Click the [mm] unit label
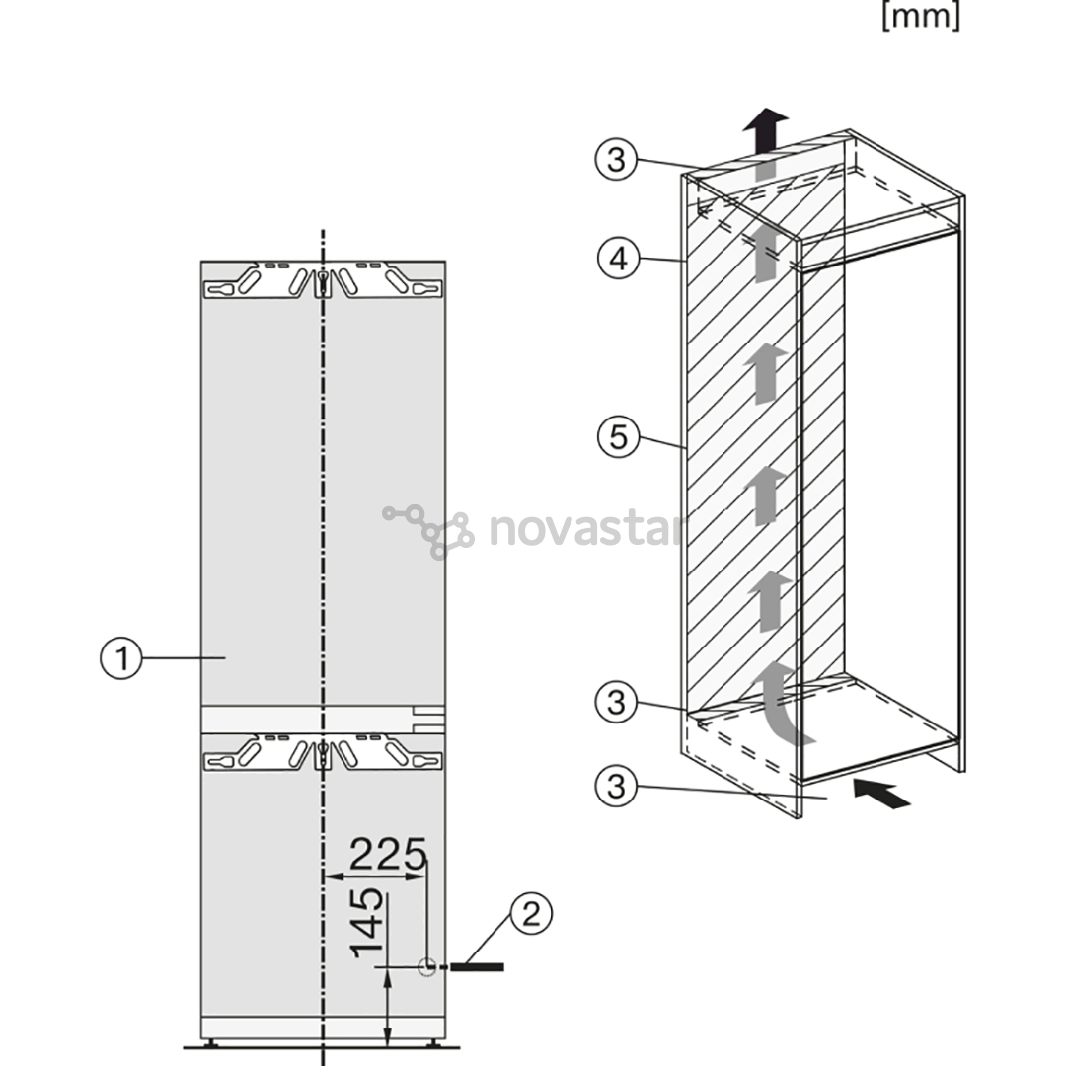click(x=921, y=16)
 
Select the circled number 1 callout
click(x=121, y=658)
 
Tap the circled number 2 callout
click(x=530, y=913)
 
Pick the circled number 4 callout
click(x=619, y=259)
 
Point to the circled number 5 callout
click(x=619, y=436)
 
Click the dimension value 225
click(x=388, y=854)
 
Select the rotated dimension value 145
click(x=367, y=923)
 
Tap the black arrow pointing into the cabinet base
click(x=881, y=794)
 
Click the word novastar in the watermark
click(x=585, y=529)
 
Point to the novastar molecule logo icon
click(x=428, y=531)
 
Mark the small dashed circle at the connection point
click(x=427, y=966)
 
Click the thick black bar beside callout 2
click(x=478, y=966)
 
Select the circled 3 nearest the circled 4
click(x=616, y=160)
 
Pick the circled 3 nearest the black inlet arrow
click(x=616, y=787)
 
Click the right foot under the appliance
click(x=434, y=1042)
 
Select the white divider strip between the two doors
click(x=323, y=720)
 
